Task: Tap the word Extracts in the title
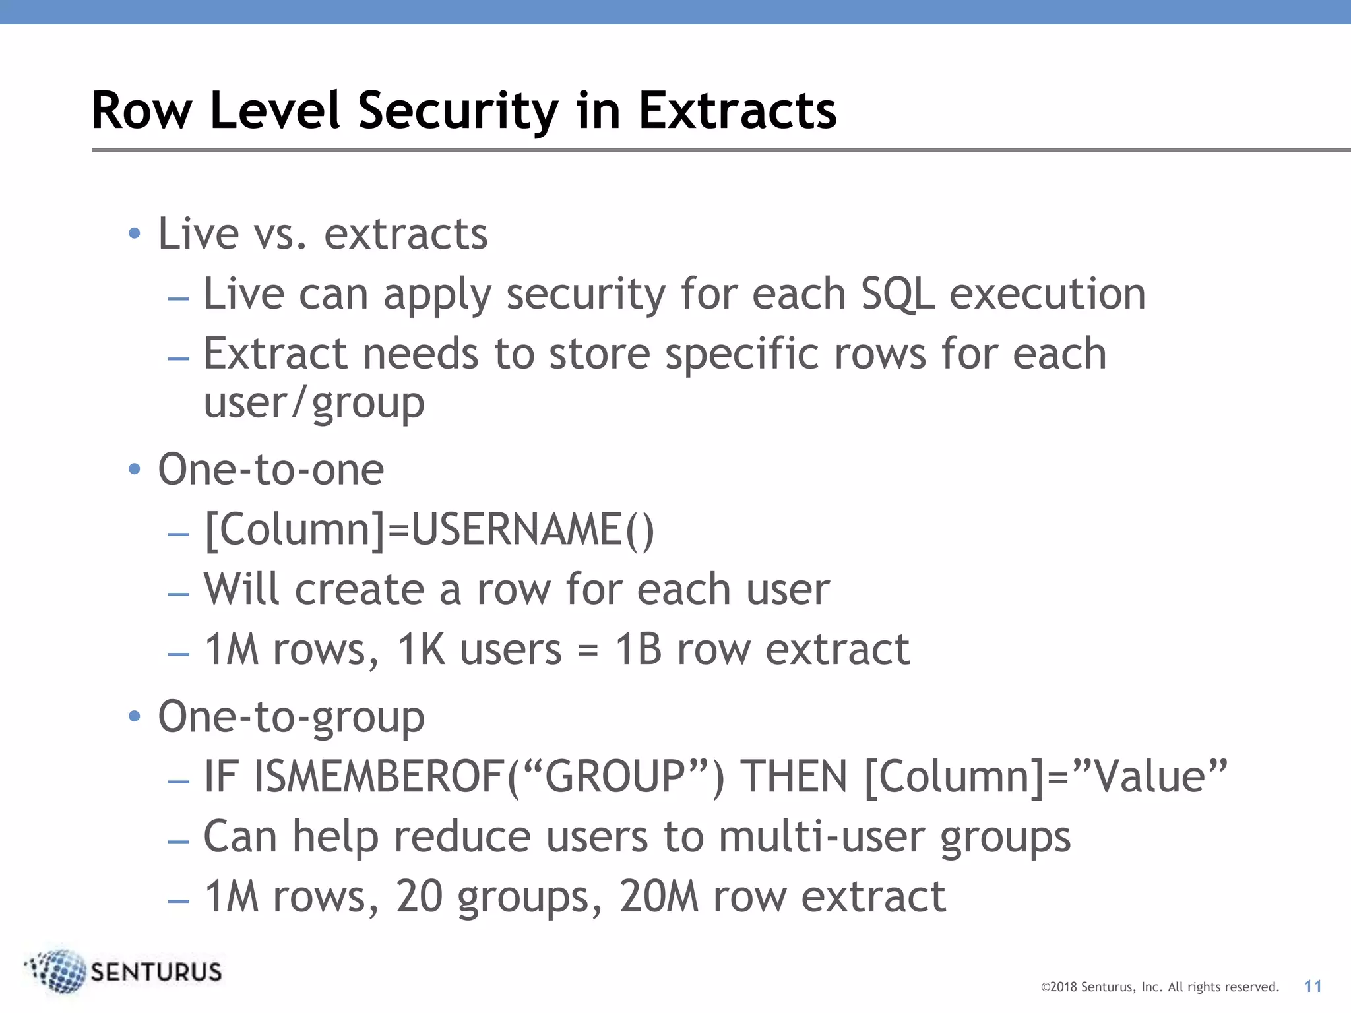click(737, 111)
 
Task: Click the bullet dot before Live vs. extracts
click(135, 233)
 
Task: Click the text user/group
click(314, 403)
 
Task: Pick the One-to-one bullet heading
click(270, 470)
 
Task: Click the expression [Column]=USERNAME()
click(429, 530)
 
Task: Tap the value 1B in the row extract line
click(638, 650)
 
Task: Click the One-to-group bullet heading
click(291, 717)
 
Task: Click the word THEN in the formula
click(794, 777)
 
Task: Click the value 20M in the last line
click(658, 897)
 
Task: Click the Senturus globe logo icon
click(58, 971)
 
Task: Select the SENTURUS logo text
click(156, 972)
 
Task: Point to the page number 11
click(1313, 987)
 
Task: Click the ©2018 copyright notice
click(1159, 987)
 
